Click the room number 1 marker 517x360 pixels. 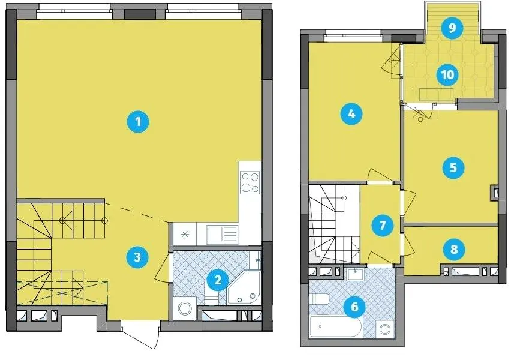(138, 122)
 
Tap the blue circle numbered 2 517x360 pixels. (218, 280)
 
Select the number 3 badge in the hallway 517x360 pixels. (137, 257)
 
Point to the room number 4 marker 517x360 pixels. (351, 114)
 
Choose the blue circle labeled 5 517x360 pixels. (453, 167)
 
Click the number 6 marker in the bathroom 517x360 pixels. (354, 307)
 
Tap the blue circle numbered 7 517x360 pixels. (383, 226)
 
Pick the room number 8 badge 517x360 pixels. (454, 249)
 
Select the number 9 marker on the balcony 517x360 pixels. (452, 28)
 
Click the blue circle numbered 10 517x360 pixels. (447, 75)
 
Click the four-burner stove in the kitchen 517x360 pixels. (250, 182)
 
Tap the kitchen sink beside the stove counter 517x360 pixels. (223, 234)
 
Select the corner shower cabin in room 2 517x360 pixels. (244, 287)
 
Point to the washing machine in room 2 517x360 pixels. (185, 308)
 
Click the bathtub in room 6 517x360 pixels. (336, 326)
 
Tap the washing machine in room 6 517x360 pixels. (385, 329)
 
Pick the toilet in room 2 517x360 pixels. (211, 295)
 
